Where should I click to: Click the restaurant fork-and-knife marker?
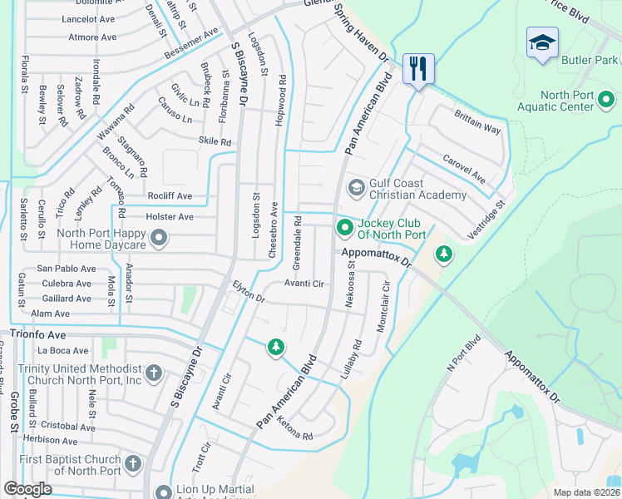tap(418, 68)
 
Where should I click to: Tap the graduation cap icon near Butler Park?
tap(542, 44)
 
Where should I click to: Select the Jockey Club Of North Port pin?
tap(344, 227)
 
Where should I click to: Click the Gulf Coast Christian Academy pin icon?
tap(356, 187)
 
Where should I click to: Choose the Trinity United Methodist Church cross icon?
tap(153, 373)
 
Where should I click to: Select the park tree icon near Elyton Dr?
tap(275, 347)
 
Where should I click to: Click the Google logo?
tap(27, 489)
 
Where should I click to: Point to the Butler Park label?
tap(589, 61)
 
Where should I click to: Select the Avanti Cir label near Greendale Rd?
tap(304, 284)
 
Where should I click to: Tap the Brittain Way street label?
tap(477, 124)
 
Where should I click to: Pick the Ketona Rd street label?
tap(295, 430)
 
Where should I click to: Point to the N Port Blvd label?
tap(464, 353)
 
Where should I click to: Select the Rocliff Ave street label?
tap(170, 196)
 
